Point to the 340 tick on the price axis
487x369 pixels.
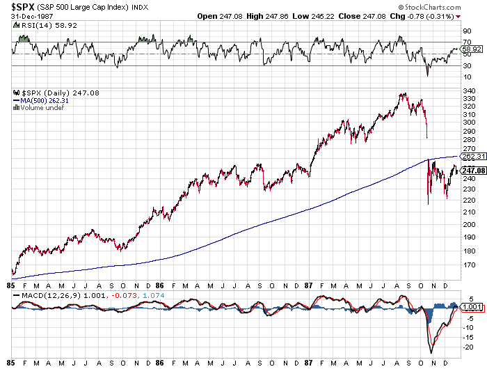(468, 90)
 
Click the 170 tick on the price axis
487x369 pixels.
(468, 265)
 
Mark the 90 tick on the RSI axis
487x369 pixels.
(466, 31)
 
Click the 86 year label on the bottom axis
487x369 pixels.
(159, 286)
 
